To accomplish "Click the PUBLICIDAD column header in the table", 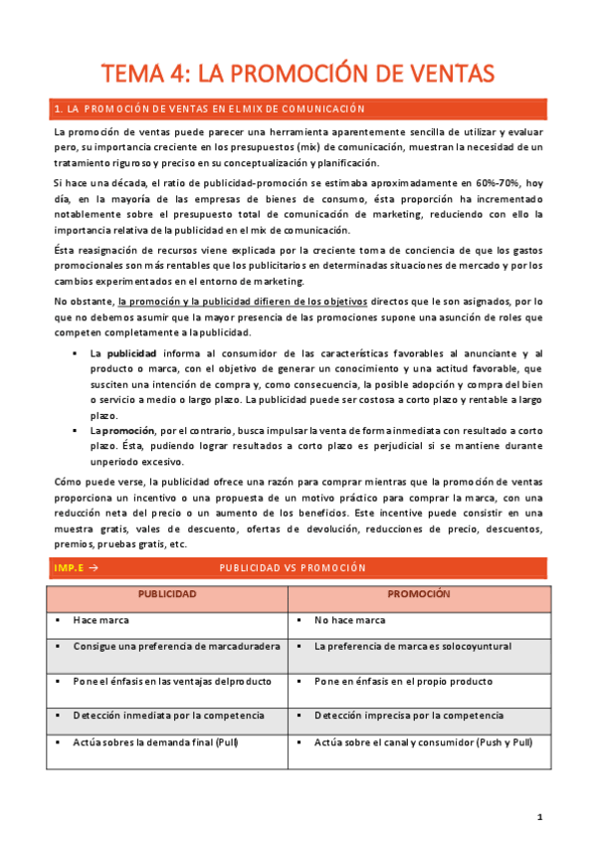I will click(x=167, y=594).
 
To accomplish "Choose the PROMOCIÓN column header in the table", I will click(x=419, y=594).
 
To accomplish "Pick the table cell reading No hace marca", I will click(x=349, y=620).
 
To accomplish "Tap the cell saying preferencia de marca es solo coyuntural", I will click(x=412, y=646).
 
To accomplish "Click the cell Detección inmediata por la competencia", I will click(x=168, y=715).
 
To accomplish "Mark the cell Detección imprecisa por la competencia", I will click(x=408, y=715).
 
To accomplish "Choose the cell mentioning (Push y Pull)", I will click(x=416, y=741).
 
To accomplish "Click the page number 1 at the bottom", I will click(x=539, y=817).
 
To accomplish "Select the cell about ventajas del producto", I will click(x=163, y=682).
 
